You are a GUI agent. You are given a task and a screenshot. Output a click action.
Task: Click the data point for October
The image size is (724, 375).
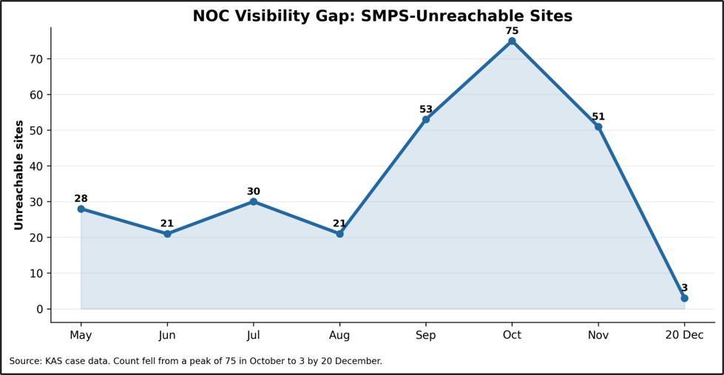(x=512, y=41)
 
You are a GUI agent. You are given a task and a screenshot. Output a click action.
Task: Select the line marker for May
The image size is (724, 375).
(x=81, y=209)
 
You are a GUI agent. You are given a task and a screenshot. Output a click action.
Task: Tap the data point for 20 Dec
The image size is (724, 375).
(x=684, y=298)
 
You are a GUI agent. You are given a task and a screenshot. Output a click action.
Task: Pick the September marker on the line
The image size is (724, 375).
(x=426, y=120)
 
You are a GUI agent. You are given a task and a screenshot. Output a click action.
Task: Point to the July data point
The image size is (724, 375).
(x=254, y=202)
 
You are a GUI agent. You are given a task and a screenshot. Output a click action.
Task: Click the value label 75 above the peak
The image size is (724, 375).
(x=512, y=31)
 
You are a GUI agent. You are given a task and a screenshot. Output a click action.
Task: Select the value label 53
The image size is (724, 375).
(x=426, y=109)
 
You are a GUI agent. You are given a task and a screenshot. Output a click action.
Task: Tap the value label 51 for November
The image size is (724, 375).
(x=598, y=116)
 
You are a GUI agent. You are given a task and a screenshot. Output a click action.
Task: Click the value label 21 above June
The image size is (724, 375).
(x=167, y=223)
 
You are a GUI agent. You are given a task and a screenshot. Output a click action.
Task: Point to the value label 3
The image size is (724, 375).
(x=684, y=288)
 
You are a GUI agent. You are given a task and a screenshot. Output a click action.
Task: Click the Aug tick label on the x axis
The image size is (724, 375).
(x=340, y=335)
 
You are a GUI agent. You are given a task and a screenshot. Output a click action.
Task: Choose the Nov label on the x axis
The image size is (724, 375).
(x=598, y=335)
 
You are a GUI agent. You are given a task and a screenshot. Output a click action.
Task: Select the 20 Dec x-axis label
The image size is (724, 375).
(x=684, y=335)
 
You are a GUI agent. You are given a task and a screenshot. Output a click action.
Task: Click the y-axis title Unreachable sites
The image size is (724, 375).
(x=18, y=175)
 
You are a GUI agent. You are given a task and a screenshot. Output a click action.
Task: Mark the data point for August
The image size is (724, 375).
(x=340, y=234)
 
